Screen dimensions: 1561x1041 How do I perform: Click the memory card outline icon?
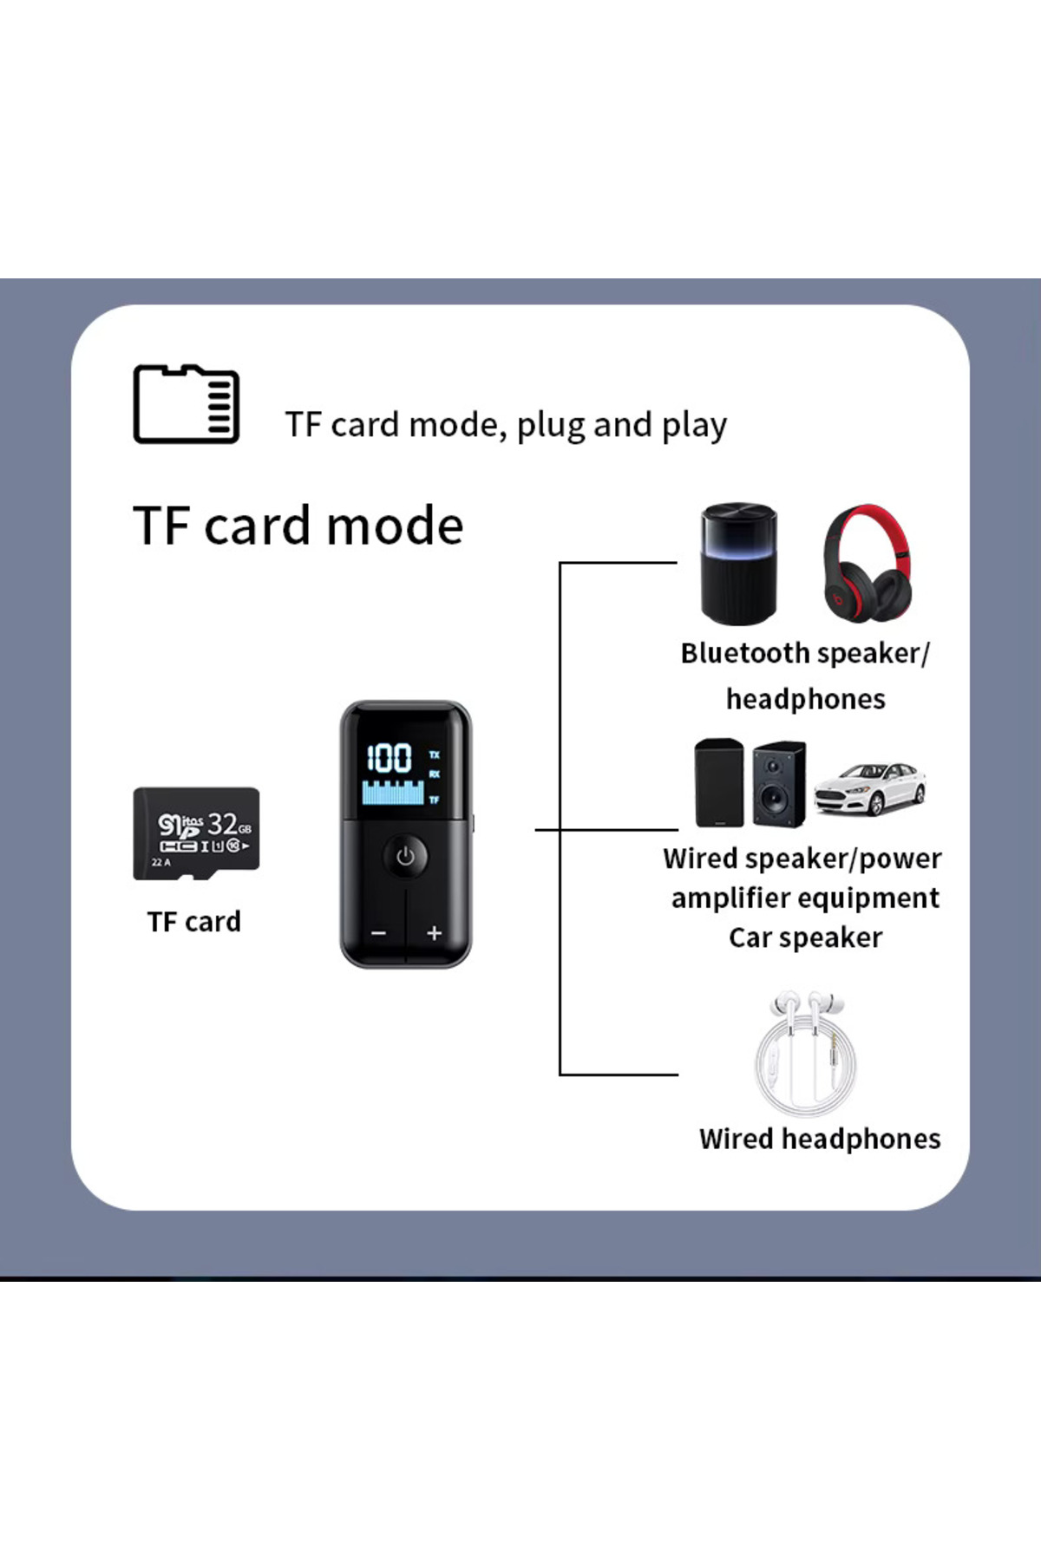click(186, 404)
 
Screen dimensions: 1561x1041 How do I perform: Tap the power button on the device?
click(405, 857)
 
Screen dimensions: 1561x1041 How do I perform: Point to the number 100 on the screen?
click(389, 759)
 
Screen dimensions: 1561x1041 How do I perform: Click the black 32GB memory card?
click(196, 833)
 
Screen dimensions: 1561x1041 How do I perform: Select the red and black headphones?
click(867, 565)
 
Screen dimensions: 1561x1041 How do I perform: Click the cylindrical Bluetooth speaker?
click(738, 564)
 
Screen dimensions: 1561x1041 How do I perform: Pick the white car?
click(870, 787)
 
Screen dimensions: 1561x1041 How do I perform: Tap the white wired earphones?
click(806, 1054)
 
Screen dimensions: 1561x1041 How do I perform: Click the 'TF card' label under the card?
click(193, 922)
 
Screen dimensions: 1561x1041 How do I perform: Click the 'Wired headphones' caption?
click(820, 1139)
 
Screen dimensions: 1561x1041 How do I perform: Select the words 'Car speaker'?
click(805, 937)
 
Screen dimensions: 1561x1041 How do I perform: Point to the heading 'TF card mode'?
click(298, 526)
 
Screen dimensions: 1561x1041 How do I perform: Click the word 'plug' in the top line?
click(551, 426)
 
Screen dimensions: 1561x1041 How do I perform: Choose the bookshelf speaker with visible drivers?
click(778, 784)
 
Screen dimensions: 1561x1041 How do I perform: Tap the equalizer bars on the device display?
click(392, 793)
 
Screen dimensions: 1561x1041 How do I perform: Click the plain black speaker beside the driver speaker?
click(718, 783)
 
